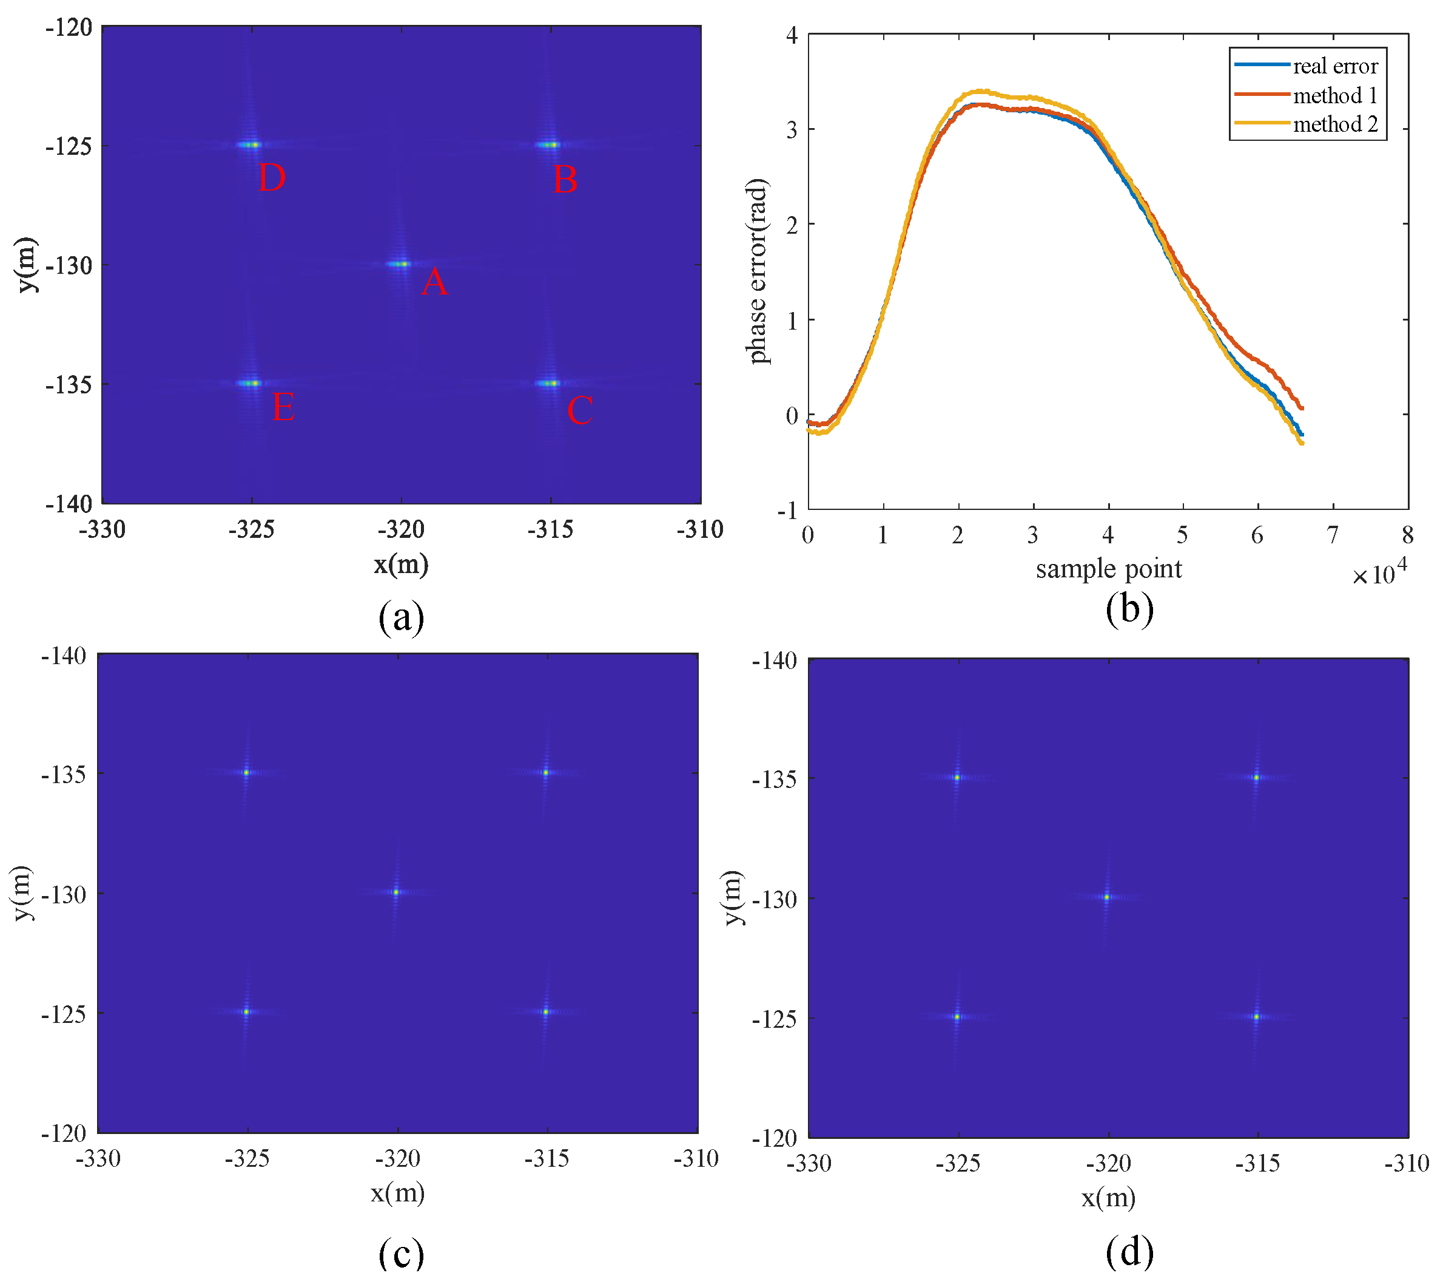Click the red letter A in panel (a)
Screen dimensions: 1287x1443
(x=434, y=282)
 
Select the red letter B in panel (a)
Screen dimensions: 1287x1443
(x=565, y=180)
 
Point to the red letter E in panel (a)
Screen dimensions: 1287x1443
(x=283, y=408)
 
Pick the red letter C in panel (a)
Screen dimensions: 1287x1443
(x=579, y=411)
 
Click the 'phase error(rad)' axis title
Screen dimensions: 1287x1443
(x=758, y=271)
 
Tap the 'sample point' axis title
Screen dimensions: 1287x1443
(x=1108, y=569)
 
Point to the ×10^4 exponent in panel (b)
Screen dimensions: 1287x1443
(x=1379, y=573)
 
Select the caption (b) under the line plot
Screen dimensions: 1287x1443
(x=1129, y=609)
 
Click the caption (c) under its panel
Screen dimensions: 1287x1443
(x=402, y=1254)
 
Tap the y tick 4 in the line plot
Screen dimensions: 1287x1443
(x=792, y=35)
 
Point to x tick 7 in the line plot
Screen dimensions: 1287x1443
(x=1333, y=535)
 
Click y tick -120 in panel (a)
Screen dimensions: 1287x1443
(x=69, y=29)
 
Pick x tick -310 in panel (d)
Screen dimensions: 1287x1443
(x=1406, y=1163)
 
